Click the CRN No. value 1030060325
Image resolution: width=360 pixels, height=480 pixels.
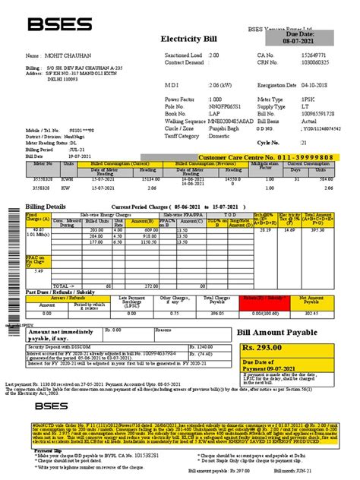[x=294, y=64]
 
